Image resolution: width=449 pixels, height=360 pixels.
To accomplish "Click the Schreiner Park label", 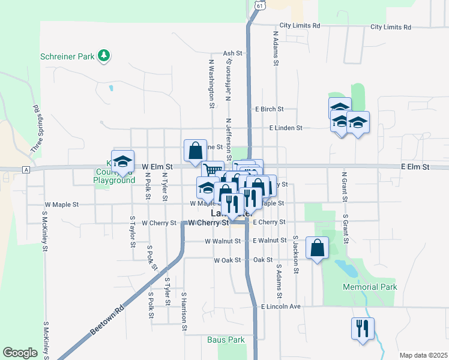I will coord(68,56).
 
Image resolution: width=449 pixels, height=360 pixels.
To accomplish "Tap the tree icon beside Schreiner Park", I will coord(104,56).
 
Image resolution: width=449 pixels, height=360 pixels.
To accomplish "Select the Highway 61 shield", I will coord(258,5).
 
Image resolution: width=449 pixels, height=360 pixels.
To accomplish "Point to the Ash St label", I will coord(232,53).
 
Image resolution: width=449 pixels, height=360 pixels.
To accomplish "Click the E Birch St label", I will coord(268,109).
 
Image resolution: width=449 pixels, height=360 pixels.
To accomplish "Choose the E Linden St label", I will coord(285,128).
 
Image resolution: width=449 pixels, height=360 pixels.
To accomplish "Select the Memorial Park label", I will coord(370,287).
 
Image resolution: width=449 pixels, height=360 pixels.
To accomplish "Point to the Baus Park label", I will coord(226,340).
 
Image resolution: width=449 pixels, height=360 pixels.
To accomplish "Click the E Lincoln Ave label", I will coord(280,306).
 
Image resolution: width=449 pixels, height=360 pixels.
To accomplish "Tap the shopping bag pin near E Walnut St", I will coord(317,247).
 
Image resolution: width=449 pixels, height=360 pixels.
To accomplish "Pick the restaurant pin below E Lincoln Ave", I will coord(363,328).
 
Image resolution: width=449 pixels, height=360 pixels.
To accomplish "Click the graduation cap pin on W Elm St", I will coord(122,161).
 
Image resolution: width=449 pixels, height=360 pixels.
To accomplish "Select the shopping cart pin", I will coord(212,170).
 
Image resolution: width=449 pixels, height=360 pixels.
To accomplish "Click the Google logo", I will coord(20,353).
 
